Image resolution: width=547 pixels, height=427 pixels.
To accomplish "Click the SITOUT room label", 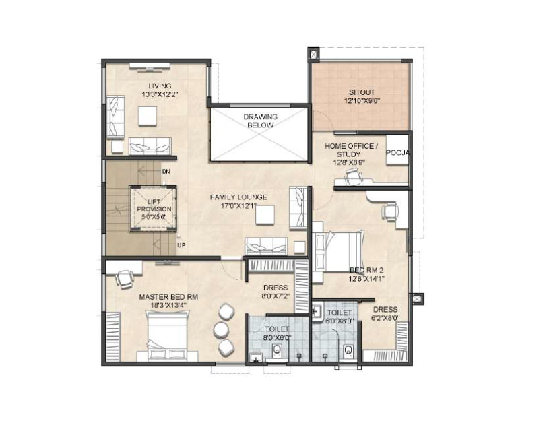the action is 362,92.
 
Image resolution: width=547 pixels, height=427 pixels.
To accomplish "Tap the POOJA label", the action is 397,152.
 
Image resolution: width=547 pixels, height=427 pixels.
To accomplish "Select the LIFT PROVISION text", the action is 154,205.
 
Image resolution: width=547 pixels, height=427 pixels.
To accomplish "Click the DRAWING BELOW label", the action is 260,121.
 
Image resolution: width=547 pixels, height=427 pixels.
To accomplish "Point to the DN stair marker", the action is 166,172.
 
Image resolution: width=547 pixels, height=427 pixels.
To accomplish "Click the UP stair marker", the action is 181,245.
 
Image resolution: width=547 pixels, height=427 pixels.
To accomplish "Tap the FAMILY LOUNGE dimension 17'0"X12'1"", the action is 238,206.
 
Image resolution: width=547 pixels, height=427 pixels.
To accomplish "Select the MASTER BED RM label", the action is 168,297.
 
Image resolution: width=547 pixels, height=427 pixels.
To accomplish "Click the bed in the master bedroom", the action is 168,337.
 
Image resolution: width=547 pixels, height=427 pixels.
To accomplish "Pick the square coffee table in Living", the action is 148,116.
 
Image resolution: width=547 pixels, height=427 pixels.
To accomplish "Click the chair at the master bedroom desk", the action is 124,279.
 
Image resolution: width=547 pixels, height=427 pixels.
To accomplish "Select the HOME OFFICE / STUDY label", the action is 351,150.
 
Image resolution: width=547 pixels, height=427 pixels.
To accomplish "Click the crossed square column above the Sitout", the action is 314,54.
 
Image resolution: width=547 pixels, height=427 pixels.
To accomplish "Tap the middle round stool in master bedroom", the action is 221,329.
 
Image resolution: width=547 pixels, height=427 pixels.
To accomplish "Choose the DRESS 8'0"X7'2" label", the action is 276,292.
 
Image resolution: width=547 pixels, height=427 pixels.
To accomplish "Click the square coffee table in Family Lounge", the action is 265,215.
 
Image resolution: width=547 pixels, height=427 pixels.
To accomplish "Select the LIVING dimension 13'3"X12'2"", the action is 160,94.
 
